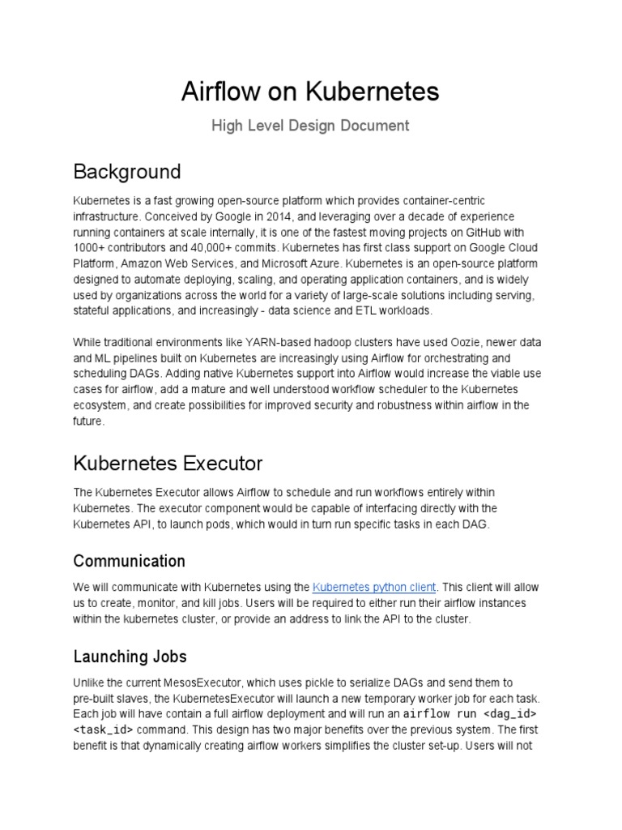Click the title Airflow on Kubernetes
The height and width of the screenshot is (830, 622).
tap(310, 92)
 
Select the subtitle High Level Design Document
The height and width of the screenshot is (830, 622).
tap(310, 126)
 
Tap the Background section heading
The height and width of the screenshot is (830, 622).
tap(126, 172)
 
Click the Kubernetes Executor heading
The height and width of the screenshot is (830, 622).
tap(168, 464)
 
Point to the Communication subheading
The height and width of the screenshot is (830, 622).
tap(129, 561)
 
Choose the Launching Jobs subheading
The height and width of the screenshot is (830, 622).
tap(130, 656)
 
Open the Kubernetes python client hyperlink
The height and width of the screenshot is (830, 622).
tap(374, 587)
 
